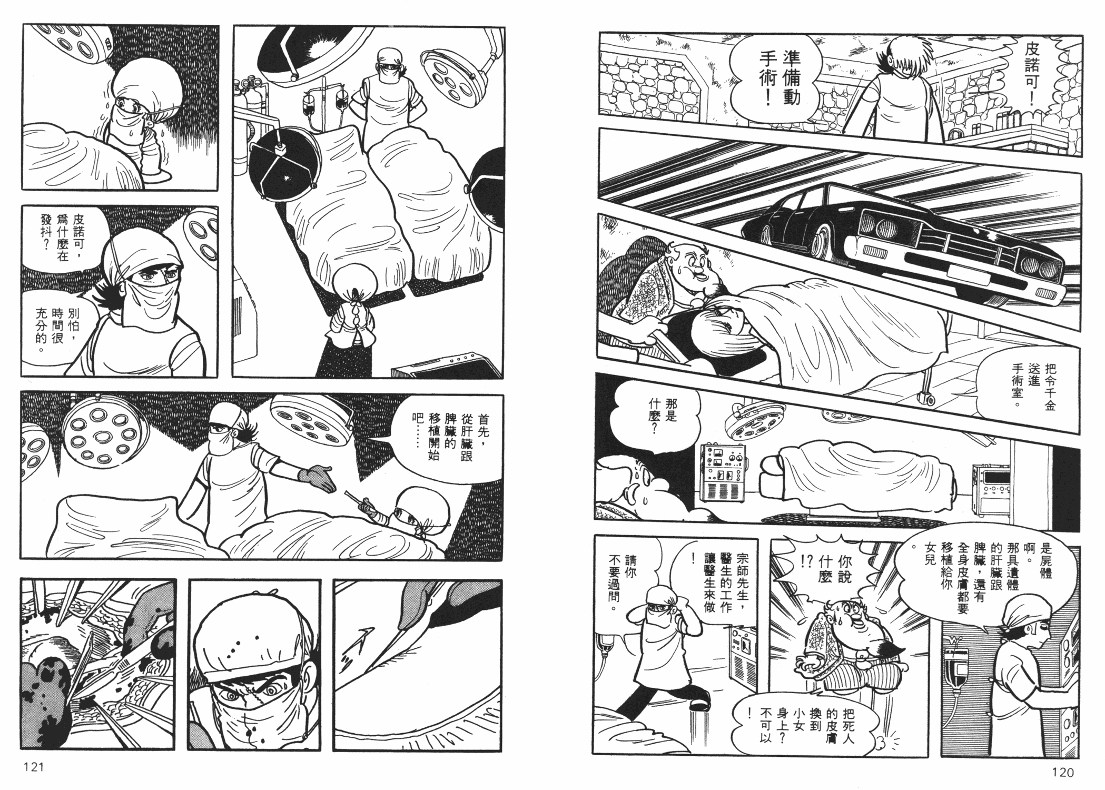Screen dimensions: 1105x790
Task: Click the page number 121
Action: [33, 767]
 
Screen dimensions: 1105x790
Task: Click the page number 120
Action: [1062, 772]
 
